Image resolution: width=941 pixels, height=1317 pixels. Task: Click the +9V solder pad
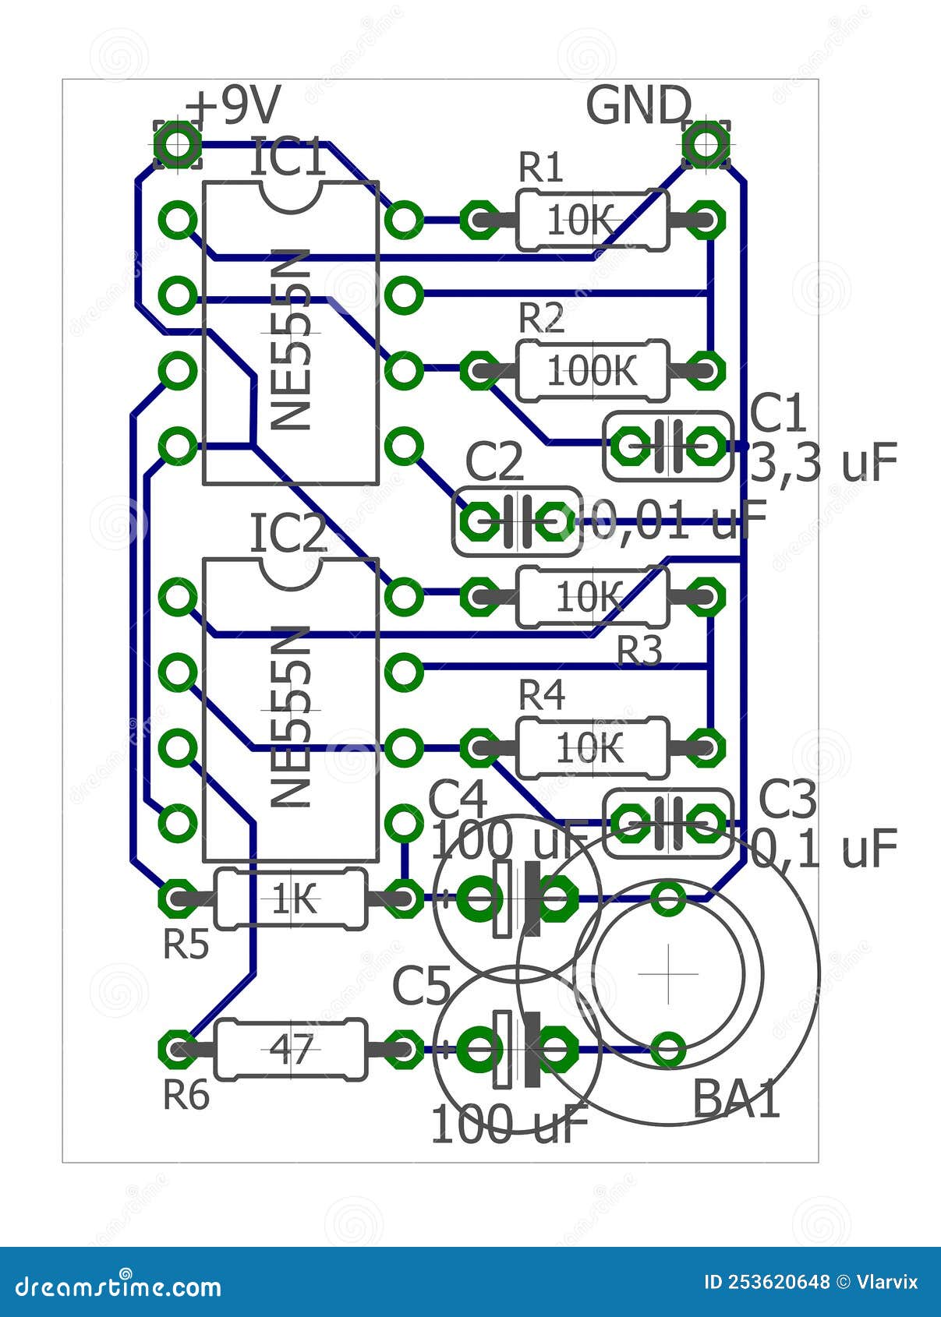tap(178, 144)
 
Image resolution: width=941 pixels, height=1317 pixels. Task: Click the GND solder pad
tap(706, 144)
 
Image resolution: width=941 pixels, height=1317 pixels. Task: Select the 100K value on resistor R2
tap(592, 372)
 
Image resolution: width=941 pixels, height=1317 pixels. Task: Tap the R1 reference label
tap(541, 168)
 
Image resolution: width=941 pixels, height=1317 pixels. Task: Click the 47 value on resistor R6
tap(291, 1050)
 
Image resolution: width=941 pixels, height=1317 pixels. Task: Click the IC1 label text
tap(287, 158)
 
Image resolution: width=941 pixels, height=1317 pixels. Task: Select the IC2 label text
tap(287, 535)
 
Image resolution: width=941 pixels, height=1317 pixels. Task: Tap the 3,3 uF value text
tap(823, 463)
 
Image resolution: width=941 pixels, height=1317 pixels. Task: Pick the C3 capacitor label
tap(787, 800)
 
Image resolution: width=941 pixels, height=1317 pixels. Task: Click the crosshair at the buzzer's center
tap(668, 974)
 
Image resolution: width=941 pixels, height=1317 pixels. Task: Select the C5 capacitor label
tap(421, 985)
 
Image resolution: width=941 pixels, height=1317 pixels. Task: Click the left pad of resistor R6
tap(178, 1050)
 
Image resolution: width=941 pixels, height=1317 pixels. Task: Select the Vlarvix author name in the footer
tap(887, 1282)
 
